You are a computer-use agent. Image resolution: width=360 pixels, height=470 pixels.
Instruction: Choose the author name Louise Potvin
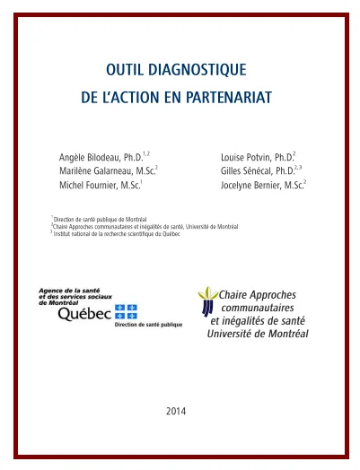click(250, 157)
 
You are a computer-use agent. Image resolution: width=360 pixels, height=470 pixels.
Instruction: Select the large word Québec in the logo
click(84, 314)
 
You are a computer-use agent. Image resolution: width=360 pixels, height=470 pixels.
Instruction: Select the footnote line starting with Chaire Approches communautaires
click(144, 226)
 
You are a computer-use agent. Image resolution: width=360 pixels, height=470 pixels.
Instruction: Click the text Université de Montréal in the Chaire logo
click(258, 333)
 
